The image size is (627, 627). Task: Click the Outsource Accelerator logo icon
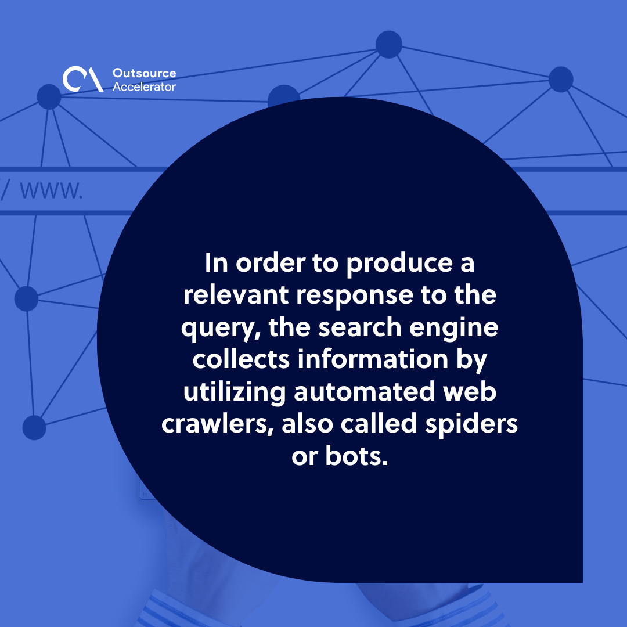coord(83,79)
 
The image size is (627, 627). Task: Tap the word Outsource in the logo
coord(145,73)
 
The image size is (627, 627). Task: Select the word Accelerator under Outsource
coord(144,87)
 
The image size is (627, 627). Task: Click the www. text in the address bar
coord(52,190)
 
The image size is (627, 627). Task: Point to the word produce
coord(399,264)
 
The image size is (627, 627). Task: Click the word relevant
coord(236,295)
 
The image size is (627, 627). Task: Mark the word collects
coord(241,359)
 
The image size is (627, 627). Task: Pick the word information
coord(373,359)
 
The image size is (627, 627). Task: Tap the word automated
coord(364,391)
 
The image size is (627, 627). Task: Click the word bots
coord(356,456)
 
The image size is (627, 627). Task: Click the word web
coord(470,391)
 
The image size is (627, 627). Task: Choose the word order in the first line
coord(271,264)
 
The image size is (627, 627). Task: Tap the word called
coord(379,423)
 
